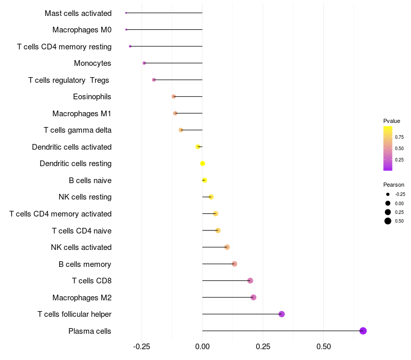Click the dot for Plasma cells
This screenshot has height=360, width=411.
coord(363,331)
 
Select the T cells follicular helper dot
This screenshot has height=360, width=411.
coord(282,314)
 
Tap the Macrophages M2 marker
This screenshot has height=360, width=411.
coord(253,297)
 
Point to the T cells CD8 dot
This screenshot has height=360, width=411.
coord(250,281)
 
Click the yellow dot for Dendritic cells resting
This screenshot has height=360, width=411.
coord(202,164)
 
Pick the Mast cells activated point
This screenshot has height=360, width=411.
coord(126,13)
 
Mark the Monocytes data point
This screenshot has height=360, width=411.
coord(144,63)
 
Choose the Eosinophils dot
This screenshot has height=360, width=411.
coord(174,97)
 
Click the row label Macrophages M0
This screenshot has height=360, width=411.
coord(82,30)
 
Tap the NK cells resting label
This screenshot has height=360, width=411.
coord(85,197)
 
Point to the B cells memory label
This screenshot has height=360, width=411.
coord(85,264)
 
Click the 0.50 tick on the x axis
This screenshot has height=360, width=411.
coord(324,347)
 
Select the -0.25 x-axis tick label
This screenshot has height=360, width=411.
coord(141,347)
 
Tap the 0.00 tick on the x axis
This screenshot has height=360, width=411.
coord(202,347)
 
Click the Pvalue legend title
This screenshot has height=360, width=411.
coord(391,121)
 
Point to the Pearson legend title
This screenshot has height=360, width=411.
coord(394,185)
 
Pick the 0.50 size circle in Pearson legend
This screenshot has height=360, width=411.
coord(388,221)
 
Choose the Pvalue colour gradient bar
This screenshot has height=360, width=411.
coord(388,148)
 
